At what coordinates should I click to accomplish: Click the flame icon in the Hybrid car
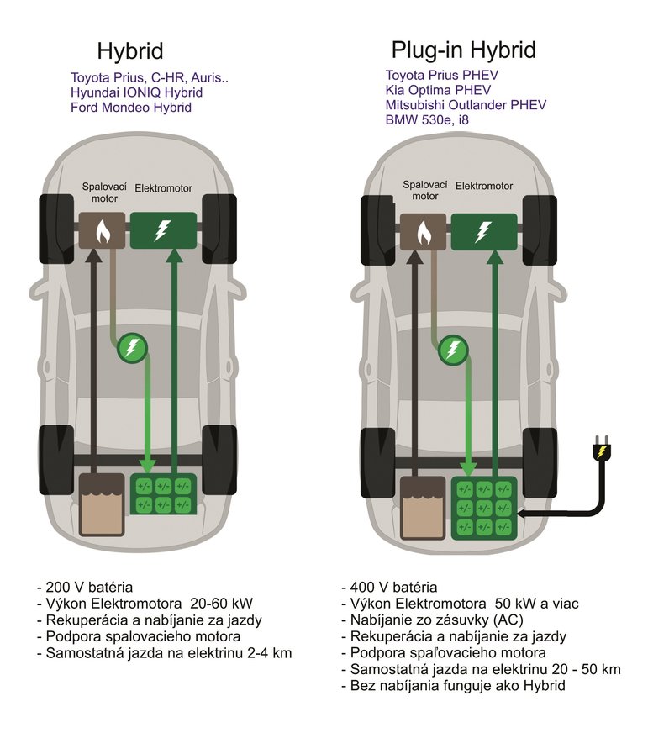pyautogui.click(x=103, y=230)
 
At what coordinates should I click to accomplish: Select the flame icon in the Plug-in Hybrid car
pyautogui.click(x=424, y=230)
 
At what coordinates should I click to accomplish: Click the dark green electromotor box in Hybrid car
pyautogui.click(x=163, y=230)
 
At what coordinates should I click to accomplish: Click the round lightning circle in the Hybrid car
pyautogui.click(x=131, y=348)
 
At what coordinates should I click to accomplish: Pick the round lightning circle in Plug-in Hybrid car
pyautogui.click(x=454, y=348)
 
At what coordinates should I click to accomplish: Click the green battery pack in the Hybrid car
pyautogui.click(x=163, y=494)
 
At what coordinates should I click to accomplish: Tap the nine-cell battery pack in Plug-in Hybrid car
pyautogui.click(x=483, y=507)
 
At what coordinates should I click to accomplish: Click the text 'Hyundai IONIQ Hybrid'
pyautogui.click(x=137, y=92)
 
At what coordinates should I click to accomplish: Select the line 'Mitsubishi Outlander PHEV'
pyautogui.click(x=466, y=104)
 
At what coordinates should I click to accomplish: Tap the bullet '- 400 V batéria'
pyautogui.click(x=390, y=588)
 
